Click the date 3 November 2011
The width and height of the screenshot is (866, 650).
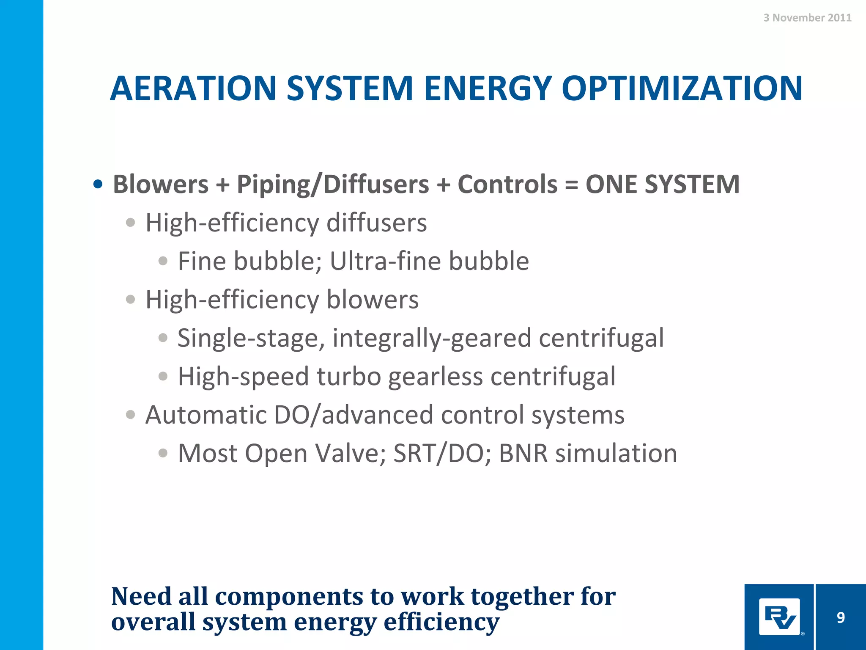pos(807,18)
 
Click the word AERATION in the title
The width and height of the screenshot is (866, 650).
pos(193,88)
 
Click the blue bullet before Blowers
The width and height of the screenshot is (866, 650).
pos(98,185)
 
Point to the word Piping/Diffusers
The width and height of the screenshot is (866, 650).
pos(333,185)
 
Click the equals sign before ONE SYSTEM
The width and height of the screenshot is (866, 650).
pos(571,185)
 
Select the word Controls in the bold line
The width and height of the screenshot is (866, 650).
pos(507,185)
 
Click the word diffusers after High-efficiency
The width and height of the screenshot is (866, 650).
pos(376,223)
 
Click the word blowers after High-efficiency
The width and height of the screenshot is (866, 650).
pos(372,300)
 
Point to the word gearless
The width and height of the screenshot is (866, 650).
pos(435,377)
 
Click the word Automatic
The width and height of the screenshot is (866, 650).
pos(206,415)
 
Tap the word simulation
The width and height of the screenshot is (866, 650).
pos(616,453)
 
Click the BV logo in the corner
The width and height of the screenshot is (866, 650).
pos(779,617)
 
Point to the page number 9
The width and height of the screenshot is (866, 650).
pos(841,617)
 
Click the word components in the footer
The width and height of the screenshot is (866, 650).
pos(289,596)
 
